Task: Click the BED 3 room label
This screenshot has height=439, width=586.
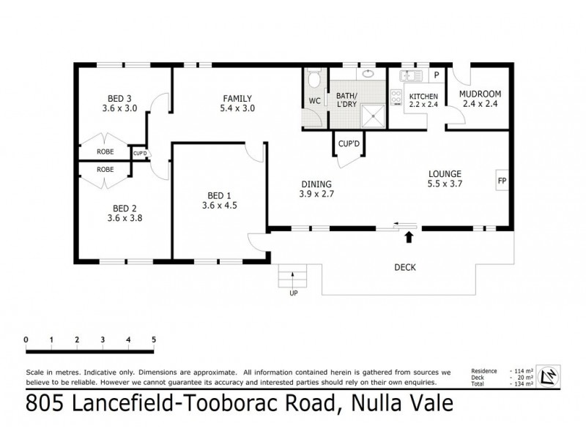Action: coord(120,99)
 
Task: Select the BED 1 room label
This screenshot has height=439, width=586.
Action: coord(220,195)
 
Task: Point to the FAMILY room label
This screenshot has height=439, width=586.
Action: coord(238,99)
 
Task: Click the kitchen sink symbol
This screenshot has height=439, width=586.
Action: coord(407,74)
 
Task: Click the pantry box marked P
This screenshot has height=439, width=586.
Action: coord(437,75)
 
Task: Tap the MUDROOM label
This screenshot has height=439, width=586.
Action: coord(480,94)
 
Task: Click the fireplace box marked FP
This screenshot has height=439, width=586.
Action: coord(502,180)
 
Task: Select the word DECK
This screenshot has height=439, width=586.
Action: coord(405,267)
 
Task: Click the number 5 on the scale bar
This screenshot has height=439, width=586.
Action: coord(154,339)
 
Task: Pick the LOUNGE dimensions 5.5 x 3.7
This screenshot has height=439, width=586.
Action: coord(445,184)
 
